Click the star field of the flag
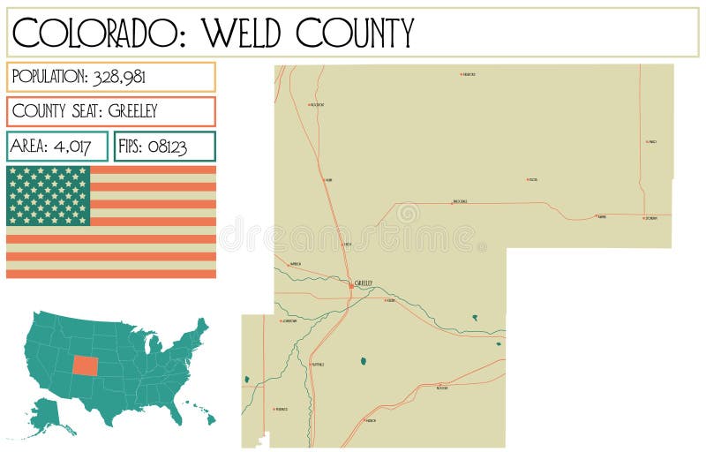tap(49, 195)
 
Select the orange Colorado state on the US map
tap(86, 365)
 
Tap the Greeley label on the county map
tap(364, 282)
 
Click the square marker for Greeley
tap(351, 285)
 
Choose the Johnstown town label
tap(289, 321)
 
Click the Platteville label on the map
tap(318, 364)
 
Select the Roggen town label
tap(442, 388)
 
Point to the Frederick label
tap(282, 409)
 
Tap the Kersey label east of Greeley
tap(391, 300)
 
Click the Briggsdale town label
tap(460, 201)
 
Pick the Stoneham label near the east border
tap(651, 218)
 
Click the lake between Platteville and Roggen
tap(363, 360)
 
